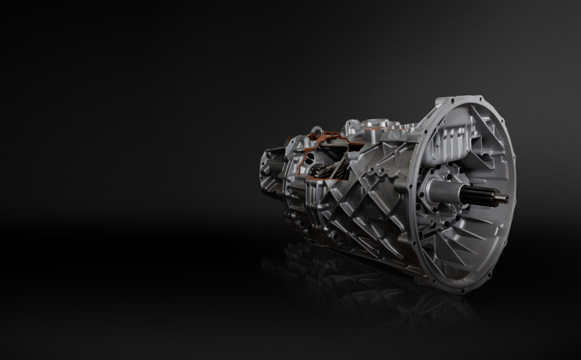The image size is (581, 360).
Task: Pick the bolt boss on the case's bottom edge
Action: (x=332, y=236)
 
